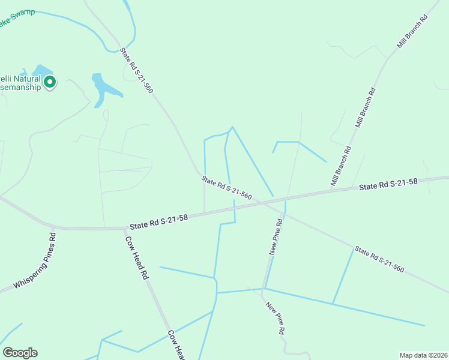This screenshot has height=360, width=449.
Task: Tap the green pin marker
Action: [x=50, y=82]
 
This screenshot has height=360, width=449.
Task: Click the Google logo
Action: [x=20, y=353]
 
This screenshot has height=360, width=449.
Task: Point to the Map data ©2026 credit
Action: [x=423, y=355]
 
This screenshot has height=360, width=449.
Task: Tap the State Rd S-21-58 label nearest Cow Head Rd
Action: [x=159, y=222]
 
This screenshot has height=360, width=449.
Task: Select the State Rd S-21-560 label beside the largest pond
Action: [x=137, y=70]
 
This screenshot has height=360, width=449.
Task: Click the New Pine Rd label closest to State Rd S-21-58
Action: [x=276, y=237]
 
